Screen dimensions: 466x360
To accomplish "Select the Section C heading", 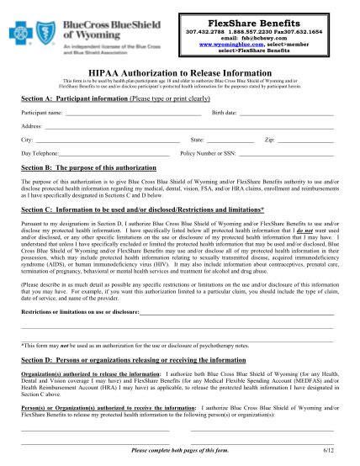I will click(x=143, y=208).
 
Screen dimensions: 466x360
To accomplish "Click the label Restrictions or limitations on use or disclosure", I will click(x=92, y=310).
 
